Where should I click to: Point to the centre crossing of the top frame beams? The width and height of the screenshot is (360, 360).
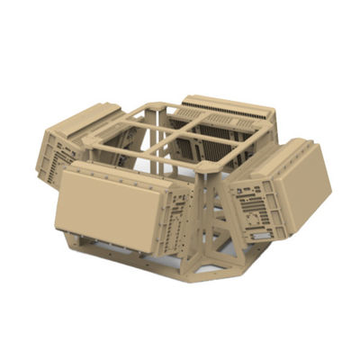point(183,137)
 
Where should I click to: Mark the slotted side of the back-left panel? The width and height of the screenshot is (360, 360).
point(59,157)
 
